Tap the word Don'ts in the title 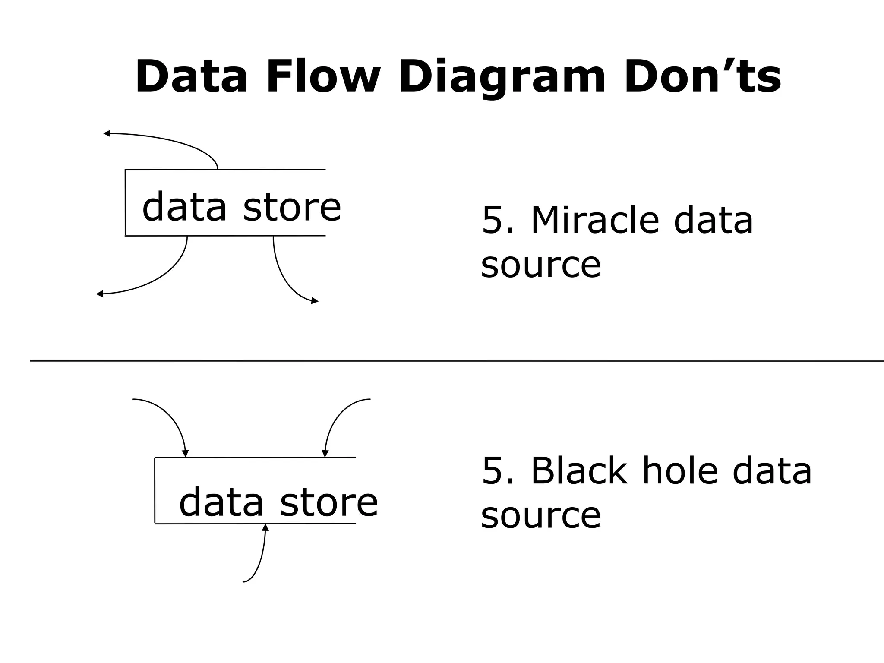click(702, 77)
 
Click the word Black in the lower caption click(579, 471)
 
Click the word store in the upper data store click(292, 208)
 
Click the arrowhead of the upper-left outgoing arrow click(107, 133)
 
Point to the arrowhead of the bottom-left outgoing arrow click(99, 294)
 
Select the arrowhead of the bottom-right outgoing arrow click(315, 301)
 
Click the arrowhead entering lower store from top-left click(185, 454)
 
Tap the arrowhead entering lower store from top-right click(325, 454)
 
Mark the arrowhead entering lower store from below click(265, 527)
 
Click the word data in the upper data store click(184, 208)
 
